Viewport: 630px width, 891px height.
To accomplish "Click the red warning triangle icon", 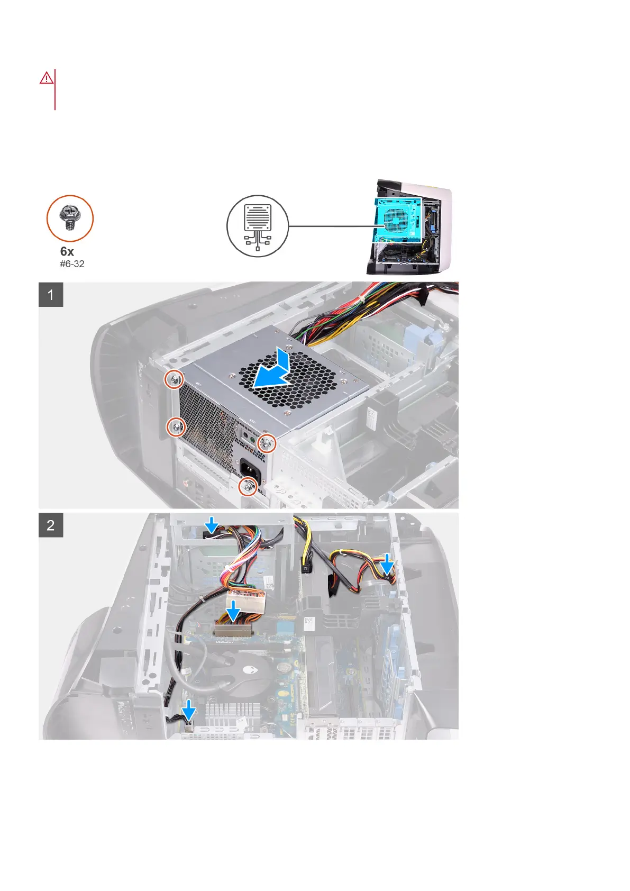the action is (x=47, y=78).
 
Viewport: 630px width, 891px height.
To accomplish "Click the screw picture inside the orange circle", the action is (x=70, y=218).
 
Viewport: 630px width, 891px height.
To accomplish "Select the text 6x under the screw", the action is (x=67, y=251).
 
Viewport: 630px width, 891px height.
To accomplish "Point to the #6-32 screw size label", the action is (x=72, y=264).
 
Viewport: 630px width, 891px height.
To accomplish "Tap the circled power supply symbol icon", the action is (x=258, y=226).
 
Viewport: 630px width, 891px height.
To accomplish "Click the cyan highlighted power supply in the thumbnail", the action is (x=398, y=220).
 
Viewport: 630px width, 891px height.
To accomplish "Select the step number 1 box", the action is (x=51, y=295).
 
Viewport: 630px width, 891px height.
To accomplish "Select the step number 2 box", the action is (x=51, y=525).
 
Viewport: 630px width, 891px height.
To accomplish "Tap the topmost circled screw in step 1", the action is (x=174, y=379).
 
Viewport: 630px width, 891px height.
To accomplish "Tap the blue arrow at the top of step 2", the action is (x=212, y=525).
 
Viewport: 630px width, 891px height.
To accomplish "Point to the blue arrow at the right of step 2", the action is (x=388, y=565).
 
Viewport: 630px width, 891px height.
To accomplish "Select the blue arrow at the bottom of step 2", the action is (x=188, y=711).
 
